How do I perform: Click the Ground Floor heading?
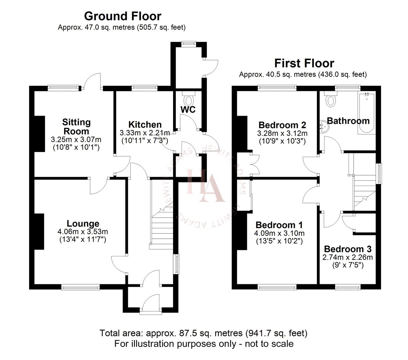click(x=122, y=16)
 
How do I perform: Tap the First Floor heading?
click(x=304, y=63)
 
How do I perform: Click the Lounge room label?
click(x=83, y=224)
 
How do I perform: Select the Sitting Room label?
click(x=76, y=127)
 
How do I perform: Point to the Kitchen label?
click(x=145, y=125)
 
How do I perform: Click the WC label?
click(x=188, y=110)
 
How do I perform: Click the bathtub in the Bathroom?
click(x=367, y=113)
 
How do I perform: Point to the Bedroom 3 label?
click(x=348, y=249)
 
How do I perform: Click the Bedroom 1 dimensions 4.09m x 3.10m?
click(x=280, y=233)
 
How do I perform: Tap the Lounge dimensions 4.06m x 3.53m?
click(x=83, y=232)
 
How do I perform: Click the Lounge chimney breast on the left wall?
click(x=39, y=231)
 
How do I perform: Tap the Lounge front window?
click(x=80, y=286)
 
